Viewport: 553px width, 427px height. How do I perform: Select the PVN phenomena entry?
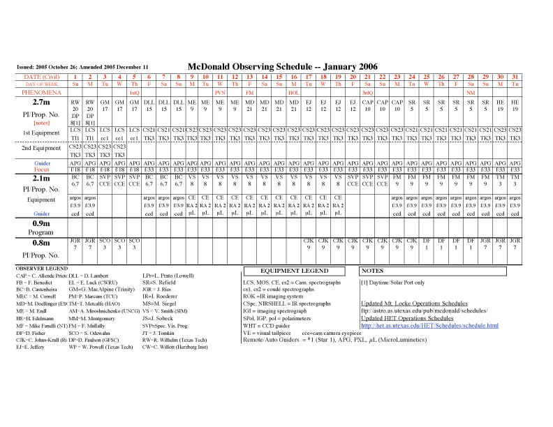220,92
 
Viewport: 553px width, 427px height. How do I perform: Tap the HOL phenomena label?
294,92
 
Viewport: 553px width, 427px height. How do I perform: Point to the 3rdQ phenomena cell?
367,92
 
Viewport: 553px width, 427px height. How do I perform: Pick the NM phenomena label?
471,92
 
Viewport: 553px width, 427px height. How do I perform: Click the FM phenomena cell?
249,92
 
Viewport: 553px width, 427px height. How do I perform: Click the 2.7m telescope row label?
34,102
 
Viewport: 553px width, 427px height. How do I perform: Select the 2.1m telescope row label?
34,179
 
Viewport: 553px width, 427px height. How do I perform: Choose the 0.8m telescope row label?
34,242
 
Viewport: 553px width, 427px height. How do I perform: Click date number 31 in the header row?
515,76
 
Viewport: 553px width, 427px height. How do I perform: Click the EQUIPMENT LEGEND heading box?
294,271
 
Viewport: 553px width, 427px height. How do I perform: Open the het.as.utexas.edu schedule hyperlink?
429,325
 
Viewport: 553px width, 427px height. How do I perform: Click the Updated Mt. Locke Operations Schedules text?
414,304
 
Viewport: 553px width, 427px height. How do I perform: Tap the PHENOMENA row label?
41,92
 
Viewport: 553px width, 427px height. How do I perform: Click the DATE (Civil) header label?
41,76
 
